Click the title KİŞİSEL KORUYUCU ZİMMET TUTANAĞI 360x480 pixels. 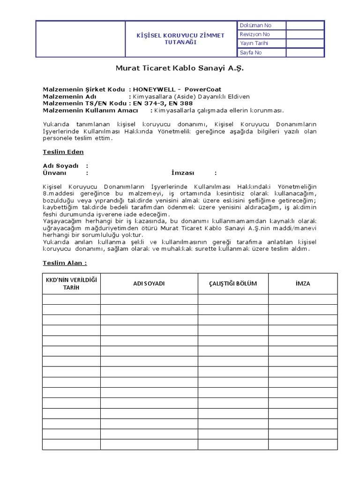[x=180, y=38]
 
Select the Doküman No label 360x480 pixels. [x=255, y=25]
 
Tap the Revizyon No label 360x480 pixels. [x=255, y=34]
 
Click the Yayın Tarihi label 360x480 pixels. [x=254, y=43]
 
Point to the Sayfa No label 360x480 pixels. [x=251, y=52]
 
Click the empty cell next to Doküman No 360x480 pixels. [x=305, y=25]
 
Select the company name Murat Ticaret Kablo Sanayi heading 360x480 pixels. [x=180, y=68]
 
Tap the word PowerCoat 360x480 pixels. [x=203, y=89]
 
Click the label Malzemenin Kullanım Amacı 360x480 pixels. [x=90, y=110]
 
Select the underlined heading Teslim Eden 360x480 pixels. [x=63, y=152]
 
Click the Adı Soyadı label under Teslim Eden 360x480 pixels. [x=60, y=166]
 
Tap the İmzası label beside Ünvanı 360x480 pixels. [x=183, y=172]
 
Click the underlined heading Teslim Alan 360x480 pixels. [x=65, y=263]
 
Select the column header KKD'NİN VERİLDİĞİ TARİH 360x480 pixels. [x=71, y=284]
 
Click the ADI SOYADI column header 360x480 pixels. [x=149, y=284]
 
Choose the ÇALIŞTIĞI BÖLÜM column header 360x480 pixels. [x=233, y=284]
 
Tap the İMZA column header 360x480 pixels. [x=303, y=284]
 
